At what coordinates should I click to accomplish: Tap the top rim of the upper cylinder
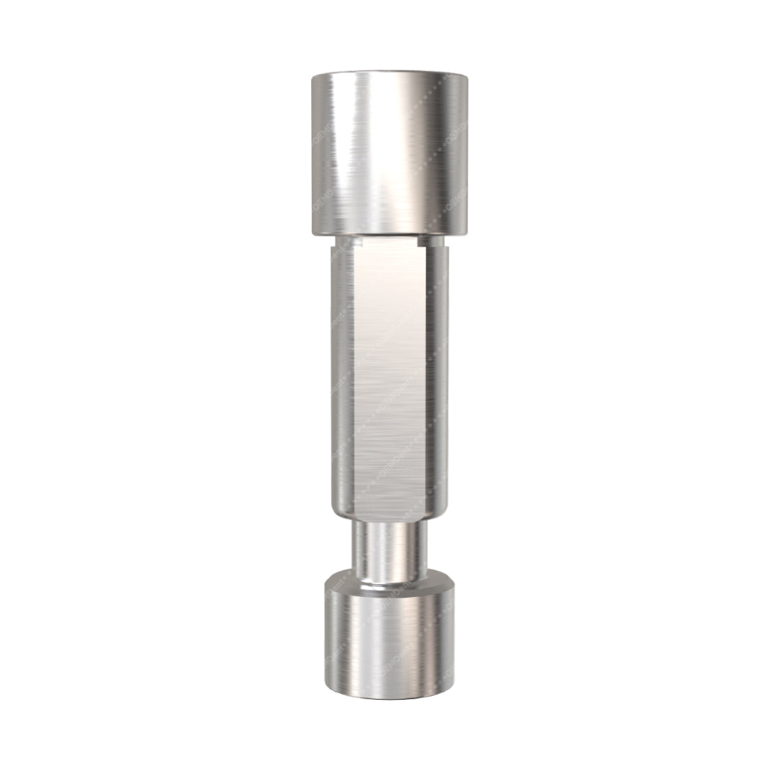coord(389,73)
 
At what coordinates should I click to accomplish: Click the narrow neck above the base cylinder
coord(389,550)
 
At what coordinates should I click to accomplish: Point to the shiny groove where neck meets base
coord(389,585)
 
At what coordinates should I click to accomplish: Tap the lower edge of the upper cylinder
coord(389,234)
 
